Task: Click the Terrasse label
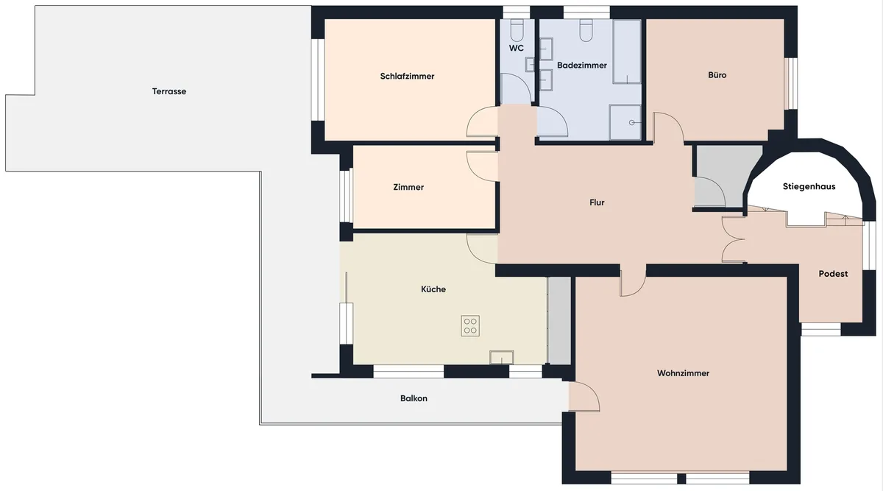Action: pos(169,91)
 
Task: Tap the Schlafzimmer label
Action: pos(407,76)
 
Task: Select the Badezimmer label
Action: pos(582,66)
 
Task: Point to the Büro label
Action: pos(717,75)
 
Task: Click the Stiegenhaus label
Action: pos(809,186)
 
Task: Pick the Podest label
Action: pos(833,274)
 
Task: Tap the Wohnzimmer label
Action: pos(683,373)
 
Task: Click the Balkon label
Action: pos(414,398)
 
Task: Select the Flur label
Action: pos(597,202)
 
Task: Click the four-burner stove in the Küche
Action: pos(470,326)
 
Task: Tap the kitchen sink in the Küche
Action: pos(501,357)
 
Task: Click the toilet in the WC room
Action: pos(517,31)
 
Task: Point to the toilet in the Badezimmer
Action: pos(586,31)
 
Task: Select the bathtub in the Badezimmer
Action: pos(627,52)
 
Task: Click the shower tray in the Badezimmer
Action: pos(625,122)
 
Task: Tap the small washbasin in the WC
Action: pos(531,64)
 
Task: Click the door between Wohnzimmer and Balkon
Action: pos(584,397)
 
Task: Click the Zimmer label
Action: pos(408,187)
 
